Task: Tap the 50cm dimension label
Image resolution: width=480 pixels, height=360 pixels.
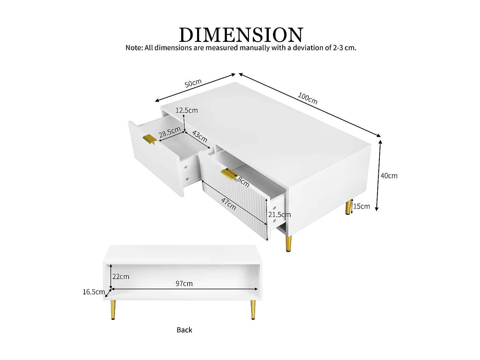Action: (x=193, y=83)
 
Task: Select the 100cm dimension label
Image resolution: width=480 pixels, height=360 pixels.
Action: (x=308, y=98)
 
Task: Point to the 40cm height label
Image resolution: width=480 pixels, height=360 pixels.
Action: (x=389, y=176)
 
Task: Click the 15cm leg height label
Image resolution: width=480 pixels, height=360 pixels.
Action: (x=362, y=206)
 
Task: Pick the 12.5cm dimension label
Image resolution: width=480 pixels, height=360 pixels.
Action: (x=187, y=110)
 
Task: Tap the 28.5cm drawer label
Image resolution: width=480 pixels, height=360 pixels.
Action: (x=170, y=132)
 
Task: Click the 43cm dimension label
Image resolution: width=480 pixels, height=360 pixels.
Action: (x=200, y=137)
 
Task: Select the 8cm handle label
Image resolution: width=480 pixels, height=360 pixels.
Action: (x=243, y=182)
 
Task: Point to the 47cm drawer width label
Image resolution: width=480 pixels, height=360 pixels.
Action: (x=228, y=204)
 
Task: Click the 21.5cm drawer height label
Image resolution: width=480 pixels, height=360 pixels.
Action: (x=279, y=215)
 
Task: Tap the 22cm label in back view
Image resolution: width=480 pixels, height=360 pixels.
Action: (x=121, y=276)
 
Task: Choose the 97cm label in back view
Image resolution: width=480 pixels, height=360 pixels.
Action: (x=184, y=284)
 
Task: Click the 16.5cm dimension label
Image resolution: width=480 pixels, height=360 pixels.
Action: (x=93, y=292)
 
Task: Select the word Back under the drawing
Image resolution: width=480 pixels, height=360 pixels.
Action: (x=184, y=330)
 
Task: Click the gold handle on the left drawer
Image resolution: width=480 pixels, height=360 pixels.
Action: (x=149, y=139)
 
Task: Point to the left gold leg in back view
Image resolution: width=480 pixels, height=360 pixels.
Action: (x=113, y=309)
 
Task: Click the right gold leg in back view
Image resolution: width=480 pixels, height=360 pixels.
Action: (x=253, y=309)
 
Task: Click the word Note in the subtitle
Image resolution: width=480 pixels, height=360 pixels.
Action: (x=133, y=48)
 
